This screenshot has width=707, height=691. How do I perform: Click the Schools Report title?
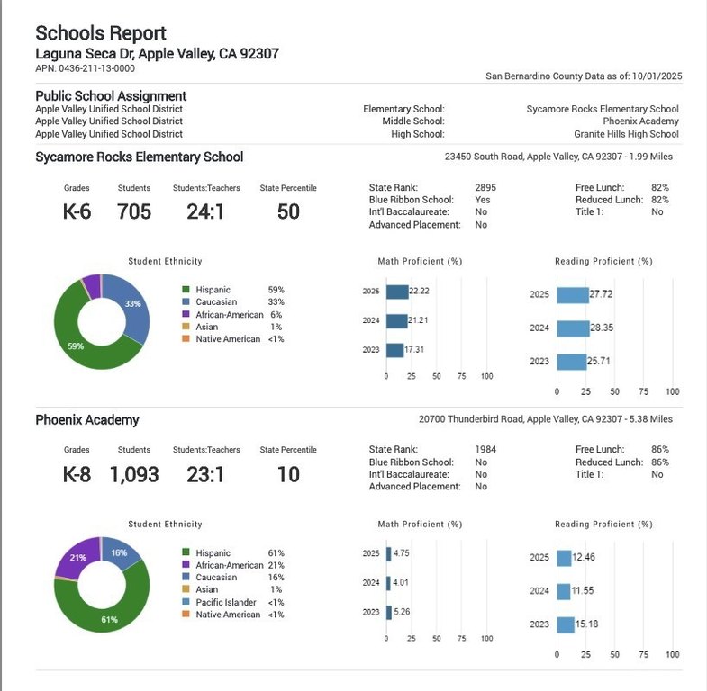coord(101,33)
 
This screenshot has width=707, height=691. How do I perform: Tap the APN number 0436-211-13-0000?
coord(96,68)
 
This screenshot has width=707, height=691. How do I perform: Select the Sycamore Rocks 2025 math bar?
coord(397,292)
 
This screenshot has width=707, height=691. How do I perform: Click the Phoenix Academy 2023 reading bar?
coord(566,624)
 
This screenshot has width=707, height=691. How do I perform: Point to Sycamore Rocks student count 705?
coord(134,211)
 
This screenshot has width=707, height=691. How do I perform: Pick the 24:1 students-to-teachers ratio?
coord(205,211)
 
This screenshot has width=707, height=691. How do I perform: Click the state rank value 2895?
coord(485,187)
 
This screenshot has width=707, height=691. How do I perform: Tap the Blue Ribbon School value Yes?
coord(482,200)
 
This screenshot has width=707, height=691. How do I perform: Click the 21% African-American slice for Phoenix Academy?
coord(77,556)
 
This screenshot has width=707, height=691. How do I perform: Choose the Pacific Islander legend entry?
coord(226,602)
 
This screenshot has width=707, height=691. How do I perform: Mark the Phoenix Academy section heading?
coord(87,420)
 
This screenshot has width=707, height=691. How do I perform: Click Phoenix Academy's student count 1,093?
coord(134,474)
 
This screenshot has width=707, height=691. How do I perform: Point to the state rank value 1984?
coord(485,449)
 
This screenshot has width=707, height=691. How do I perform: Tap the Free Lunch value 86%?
coord(659,449)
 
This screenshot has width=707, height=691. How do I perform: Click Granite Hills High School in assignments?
coord(626,134)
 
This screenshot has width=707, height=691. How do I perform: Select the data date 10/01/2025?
coord(657,76)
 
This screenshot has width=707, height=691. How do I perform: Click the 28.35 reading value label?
coord(602,328)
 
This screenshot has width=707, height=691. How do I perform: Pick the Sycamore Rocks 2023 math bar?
coord(395,350)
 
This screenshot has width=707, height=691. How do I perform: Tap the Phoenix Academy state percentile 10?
coord(288,474)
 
